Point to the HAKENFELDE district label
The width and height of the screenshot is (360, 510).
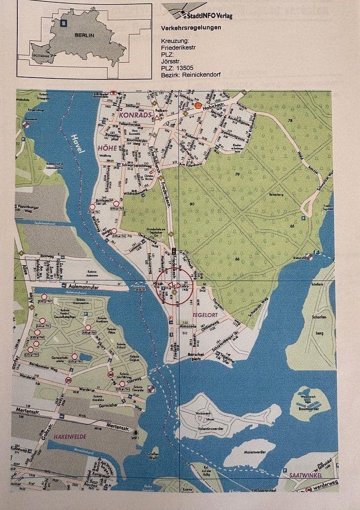[x=69, y=437]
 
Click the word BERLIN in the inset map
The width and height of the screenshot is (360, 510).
[x=84, y=35]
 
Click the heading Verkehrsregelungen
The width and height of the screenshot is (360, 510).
[x=191, y=28]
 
